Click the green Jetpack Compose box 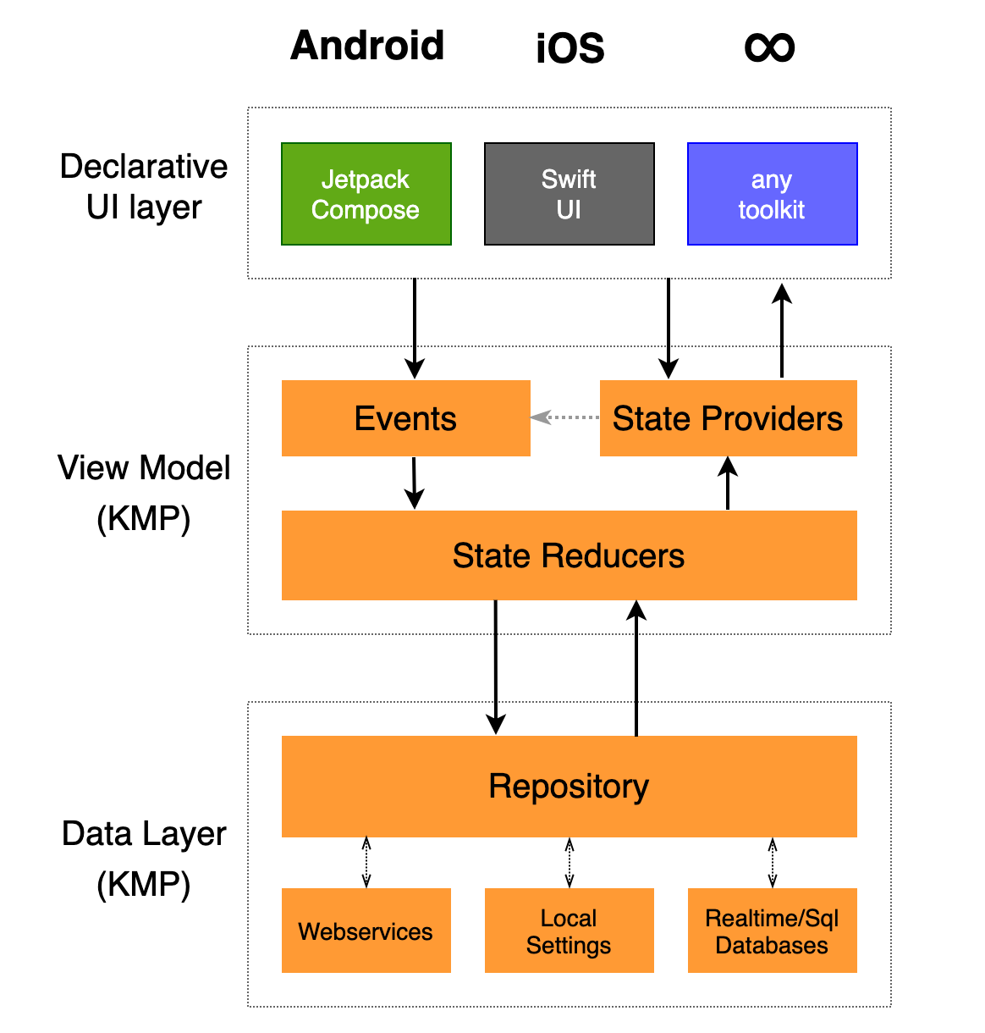366,194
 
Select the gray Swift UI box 569,194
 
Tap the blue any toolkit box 772,194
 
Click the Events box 405,418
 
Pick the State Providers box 728,418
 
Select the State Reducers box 569,555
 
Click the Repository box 569,786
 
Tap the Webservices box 366,931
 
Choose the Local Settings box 569,931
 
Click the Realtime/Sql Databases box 772,931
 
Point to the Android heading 367,46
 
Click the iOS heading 570,48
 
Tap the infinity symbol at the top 769,47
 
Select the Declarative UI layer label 144,186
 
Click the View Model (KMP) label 144,492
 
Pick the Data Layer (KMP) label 144,859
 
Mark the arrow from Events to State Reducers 414,483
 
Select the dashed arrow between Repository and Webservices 366,862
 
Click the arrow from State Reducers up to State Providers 728,483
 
